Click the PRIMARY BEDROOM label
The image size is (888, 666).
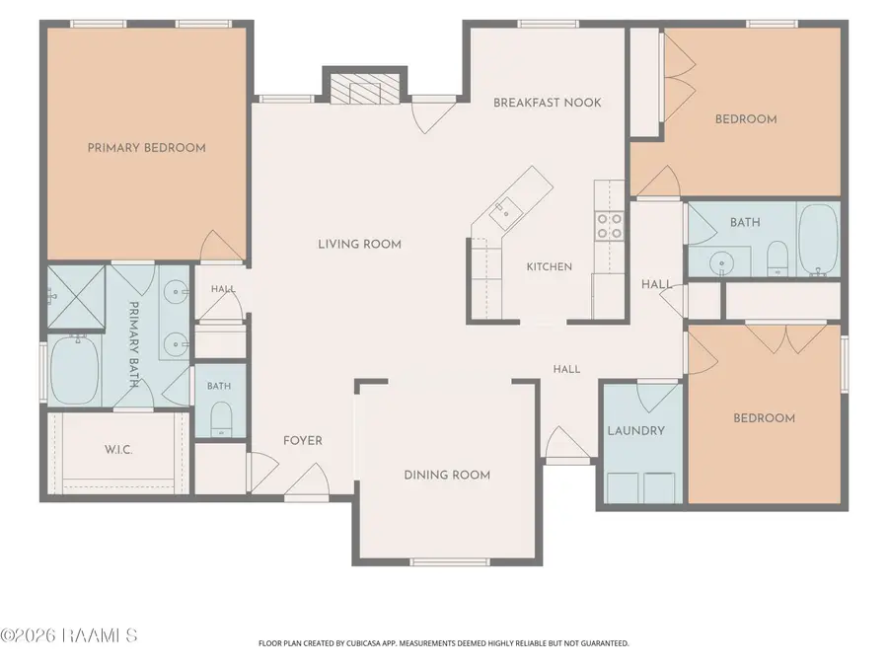[146, 148]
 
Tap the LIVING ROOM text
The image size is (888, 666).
[359, 245]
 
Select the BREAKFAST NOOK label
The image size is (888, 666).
[547, 103]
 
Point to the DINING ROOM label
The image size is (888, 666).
[447, 476]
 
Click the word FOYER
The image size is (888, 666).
[303, 441]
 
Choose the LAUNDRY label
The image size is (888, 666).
[636, 431]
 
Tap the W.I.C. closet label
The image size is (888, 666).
[118, 450]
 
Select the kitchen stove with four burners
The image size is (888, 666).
[610, 225]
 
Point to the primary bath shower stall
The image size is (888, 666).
[76, 297]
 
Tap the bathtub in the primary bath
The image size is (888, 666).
[75, 370]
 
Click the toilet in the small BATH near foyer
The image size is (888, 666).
[221, 419]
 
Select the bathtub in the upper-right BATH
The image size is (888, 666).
[818, 239]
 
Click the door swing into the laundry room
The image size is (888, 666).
[657, 397]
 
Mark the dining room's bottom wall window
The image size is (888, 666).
[450, 561]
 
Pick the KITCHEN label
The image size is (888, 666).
[550, 266]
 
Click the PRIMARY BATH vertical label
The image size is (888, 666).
[134, 344]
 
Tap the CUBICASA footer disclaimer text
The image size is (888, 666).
[443, 643]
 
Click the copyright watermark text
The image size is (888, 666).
[68, 635]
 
